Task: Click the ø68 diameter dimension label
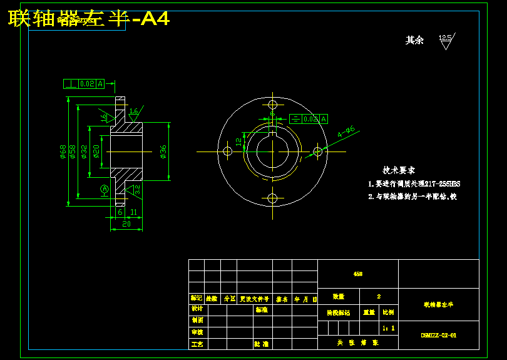click(63, 152)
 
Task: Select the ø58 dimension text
click(73, 152)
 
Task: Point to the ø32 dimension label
click(84, 152)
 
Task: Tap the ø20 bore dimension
click(96, 152)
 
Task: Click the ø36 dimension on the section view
click(163, 152)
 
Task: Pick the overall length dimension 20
click(126, 224)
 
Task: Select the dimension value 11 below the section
click(133, 212)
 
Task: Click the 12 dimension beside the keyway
click(239, 142)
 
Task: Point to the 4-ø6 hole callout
click(346, 131)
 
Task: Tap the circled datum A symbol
click(105, 188)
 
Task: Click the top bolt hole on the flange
click(272, 104)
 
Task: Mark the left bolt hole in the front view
click(228, 152)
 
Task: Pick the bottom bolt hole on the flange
click(272, 198)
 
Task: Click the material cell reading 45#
click(357, 274)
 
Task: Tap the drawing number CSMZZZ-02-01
click(438, 336)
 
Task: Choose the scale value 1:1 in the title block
click(388, 327)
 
